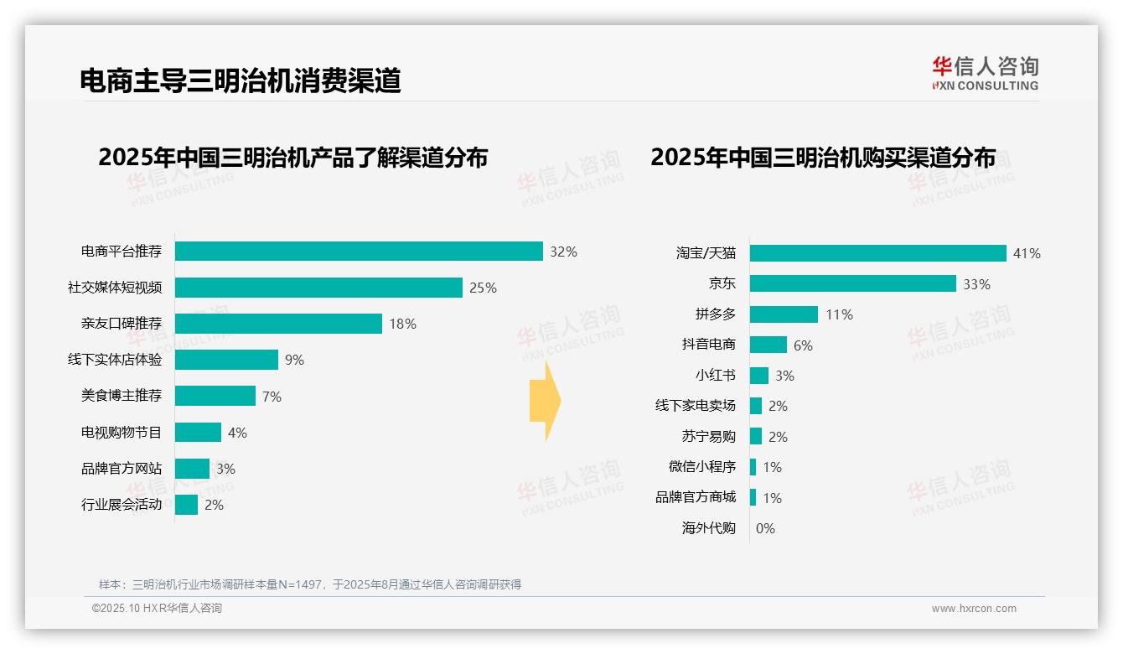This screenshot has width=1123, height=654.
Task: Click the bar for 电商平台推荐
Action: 359,252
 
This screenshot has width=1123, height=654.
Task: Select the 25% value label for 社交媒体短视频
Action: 483,288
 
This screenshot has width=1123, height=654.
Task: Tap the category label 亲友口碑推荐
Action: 121,324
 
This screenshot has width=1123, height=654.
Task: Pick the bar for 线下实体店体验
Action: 226,360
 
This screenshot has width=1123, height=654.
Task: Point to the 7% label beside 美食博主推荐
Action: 272,397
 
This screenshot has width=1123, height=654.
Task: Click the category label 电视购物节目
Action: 121,433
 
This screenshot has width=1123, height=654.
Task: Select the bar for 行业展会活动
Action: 186,505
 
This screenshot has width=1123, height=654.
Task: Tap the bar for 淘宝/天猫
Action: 877,253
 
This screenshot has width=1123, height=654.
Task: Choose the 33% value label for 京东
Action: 976,284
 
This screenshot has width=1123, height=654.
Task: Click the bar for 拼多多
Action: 784,314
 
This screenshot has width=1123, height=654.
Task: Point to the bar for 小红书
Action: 758,376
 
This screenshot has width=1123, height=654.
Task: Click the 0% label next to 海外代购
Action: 765,528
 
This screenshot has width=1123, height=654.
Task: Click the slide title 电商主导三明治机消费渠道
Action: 241,80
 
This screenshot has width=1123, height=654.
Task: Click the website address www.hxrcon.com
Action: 973,609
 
